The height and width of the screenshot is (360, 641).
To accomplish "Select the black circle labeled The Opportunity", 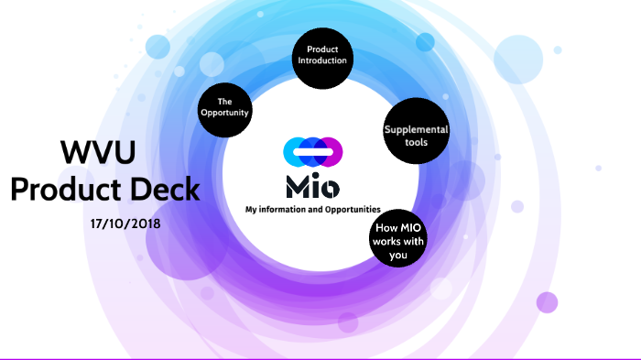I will click(224, 107).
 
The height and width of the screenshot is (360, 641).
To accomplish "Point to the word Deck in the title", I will click(165, 190).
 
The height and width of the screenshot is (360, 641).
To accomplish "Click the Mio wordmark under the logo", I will click(312, 186).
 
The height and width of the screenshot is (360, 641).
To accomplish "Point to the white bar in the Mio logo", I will click(312, 150).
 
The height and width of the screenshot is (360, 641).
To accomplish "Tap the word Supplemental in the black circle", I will click(416, 129).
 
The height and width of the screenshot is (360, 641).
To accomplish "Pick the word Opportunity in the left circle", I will click(225, 113).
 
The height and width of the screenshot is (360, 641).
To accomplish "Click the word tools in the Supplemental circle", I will click(416, 143).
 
